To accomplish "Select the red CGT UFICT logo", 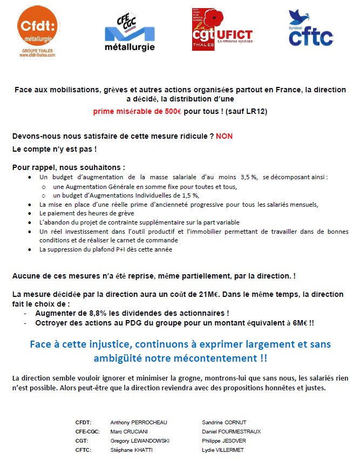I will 222,30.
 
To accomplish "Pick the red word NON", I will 224,136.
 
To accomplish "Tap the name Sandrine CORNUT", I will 224,422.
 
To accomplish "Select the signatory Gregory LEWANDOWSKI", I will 140,440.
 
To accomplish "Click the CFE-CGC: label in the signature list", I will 87,431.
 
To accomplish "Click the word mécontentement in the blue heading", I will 214,358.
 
